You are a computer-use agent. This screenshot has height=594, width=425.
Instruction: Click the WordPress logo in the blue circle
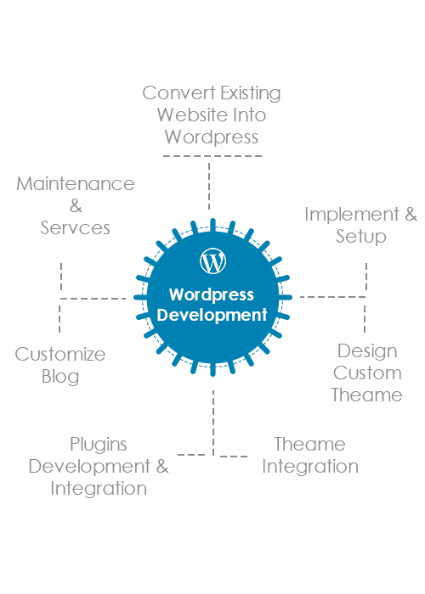pos(212,261)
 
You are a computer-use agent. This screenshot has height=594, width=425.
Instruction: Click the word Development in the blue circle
pos(212,315)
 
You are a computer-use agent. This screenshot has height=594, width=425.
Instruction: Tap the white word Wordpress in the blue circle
pos(212,294)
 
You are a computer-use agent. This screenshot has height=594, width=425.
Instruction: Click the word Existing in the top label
pos(251,93)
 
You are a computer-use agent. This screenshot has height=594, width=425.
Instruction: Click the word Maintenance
pos(76,184)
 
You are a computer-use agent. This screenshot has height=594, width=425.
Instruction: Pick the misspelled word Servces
pos(75,228)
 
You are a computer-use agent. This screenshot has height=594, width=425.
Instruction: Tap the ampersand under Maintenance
pos(76,206)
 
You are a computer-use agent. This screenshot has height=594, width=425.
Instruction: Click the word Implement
pos(352,216)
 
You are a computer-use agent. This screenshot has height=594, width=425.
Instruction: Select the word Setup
pos(361,237)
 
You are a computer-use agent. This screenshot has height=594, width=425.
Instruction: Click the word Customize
pos(60,355)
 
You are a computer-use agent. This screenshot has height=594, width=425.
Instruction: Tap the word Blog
pos(60,378)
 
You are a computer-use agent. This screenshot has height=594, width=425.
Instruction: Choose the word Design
pos(367,352)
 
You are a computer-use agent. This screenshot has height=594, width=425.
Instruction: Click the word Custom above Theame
pos(367,373)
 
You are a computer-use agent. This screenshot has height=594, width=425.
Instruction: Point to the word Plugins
pos(99,445)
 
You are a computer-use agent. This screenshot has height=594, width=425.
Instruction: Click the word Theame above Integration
pos(309,445)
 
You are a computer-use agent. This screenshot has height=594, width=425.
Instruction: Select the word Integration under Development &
pos(99,489)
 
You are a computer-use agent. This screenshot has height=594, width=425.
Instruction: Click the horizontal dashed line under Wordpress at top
pos(212,156)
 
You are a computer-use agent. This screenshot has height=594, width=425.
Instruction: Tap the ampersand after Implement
pos(411,215)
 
